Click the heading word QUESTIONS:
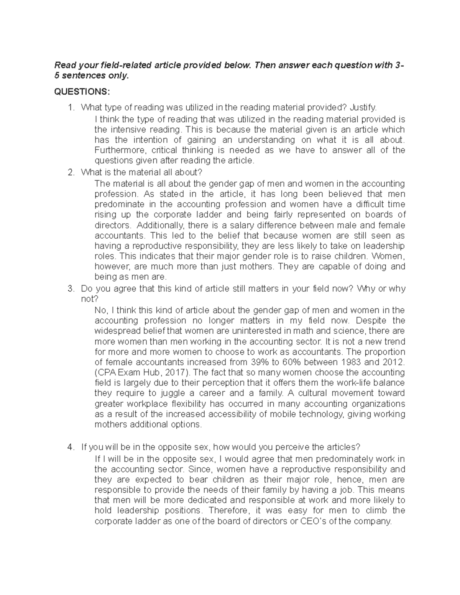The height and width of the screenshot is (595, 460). tap(82, 92)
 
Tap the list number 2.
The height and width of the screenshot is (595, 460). tap(70, 172)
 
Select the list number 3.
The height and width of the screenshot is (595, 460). tap(70, 288)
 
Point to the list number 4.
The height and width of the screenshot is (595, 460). tap(70, 447)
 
